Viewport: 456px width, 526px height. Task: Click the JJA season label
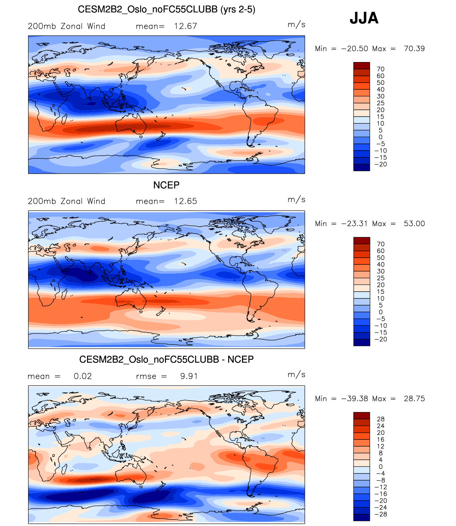coord(364,18)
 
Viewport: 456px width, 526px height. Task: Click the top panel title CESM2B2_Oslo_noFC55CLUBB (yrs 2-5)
coord(166,9)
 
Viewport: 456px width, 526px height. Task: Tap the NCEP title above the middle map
coord(166,185)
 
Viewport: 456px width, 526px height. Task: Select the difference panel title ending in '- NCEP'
coord(166,359)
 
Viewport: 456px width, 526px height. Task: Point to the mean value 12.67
coord(185,26)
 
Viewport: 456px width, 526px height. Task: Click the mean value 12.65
coord(185,201)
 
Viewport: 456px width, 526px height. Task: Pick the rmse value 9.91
coord(189,376)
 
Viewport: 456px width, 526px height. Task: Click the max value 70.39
coord(414,49)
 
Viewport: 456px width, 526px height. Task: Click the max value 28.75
coord(414,399)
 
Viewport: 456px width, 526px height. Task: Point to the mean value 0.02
coord(83,376)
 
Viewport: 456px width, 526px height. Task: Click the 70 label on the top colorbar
coord(380,69)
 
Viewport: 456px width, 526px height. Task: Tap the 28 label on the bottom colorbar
coord(380,419)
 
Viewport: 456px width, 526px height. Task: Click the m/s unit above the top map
coord(296,24)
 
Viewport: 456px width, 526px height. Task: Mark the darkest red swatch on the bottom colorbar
coord(362,416)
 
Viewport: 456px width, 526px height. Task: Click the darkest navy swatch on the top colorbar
coord(362,167)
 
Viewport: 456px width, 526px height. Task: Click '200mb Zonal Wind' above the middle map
coord(66,201)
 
